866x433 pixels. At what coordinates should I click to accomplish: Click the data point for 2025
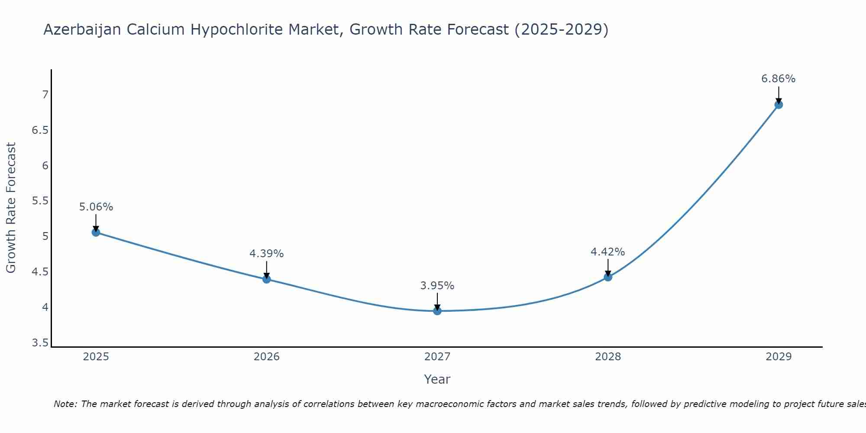96,233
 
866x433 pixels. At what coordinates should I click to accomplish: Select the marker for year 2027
437,311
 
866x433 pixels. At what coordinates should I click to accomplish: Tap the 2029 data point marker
779,105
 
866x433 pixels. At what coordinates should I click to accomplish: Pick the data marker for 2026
267,279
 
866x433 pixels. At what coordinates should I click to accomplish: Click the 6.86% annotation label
778,79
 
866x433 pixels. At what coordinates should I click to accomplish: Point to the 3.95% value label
437,286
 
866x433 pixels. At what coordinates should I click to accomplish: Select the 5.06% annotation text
96,207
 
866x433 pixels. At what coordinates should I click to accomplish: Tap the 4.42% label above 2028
607,252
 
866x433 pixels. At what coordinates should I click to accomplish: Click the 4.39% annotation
267,254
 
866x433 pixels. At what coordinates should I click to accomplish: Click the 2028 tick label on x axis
607,357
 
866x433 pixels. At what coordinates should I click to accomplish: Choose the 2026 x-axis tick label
267,357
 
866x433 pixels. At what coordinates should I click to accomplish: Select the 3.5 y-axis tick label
40,343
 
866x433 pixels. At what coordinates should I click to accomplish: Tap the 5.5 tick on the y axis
40,201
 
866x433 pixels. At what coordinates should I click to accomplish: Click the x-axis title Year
437,379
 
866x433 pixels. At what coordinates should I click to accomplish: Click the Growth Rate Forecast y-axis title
11,208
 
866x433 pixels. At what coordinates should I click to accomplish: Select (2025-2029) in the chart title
561,30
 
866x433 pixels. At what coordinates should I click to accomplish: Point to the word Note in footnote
65,404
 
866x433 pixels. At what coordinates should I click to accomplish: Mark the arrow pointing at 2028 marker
608,267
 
